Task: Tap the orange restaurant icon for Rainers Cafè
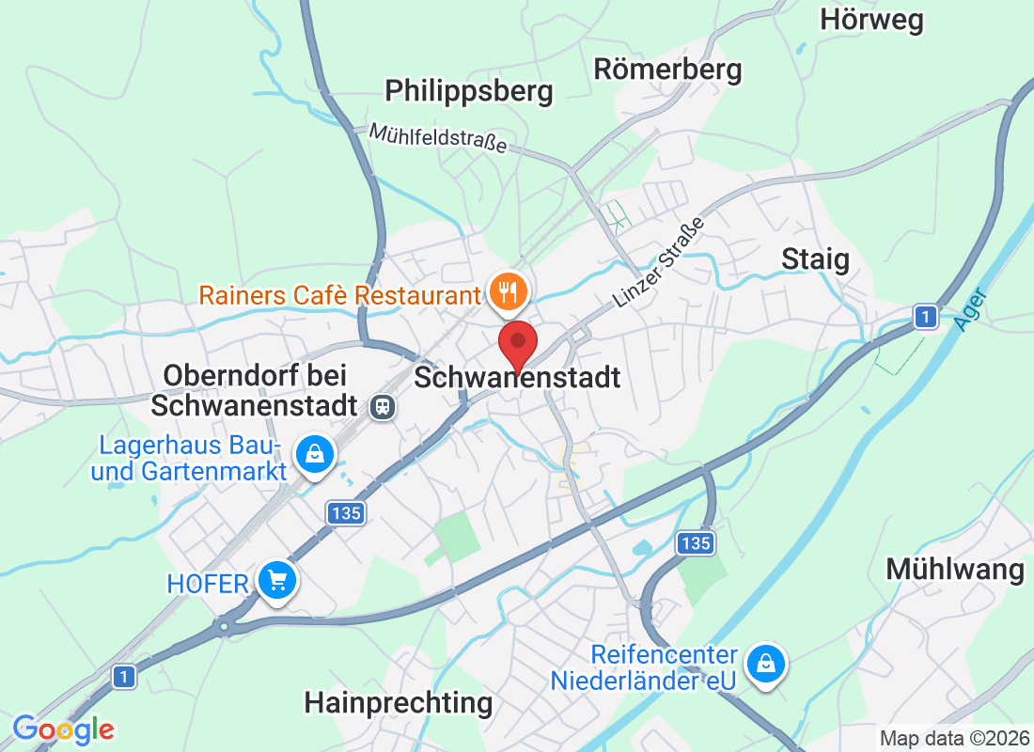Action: point(508,293)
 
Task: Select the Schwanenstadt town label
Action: point(517,378)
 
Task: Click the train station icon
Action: point(384,406)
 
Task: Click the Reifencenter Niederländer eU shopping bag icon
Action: point(766,666)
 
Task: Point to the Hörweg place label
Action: point(871,20)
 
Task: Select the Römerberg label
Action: point(667,69)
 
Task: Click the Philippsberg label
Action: point(469,91)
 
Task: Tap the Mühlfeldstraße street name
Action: point(438,138)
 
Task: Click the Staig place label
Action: point(815,259)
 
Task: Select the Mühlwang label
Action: point(954,570)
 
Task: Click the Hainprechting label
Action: point(399,702)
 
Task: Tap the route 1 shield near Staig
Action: point(927,318)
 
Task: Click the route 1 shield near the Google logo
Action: point(123,675)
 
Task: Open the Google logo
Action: point(64,728)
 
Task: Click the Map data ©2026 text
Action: point(954,738)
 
